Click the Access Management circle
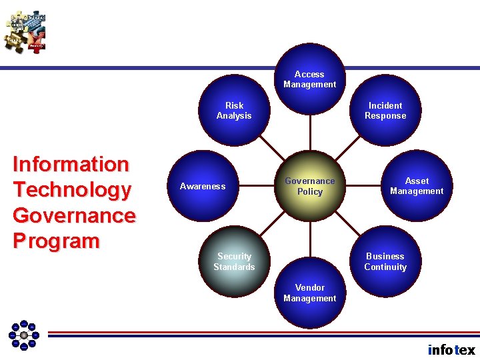pyautogui.click(x=309, y=79)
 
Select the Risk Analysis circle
pyautogui.click(x=234, y=111)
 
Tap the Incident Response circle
pyautogui.click(x=385, y=111)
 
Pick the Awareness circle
pyautogui.click(x=203, y=186)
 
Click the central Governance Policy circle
pyautogui.click(x=309, y=186)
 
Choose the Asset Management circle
pyautogui.click(x=417, y=186)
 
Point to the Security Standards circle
pyautogui.click(x=234, y=261)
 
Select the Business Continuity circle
pyautogui.click(x=385, y=261)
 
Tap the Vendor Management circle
pyautogui.click(x=309, y=293)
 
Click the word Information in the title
pyautogui.click(x=71, y=164)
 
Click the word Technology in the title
pyautogui.click(x=72, y=190)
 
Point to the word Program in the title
pyautogui.click(x=56, y=241)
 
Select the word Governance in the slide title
pyautogui.click(x=74, y=215)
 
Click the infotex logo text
pyautogui.click(x=451, y=349)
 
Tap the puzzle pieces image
pyautogui.click(x=25, y=31)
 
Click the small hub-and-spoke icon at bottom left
pyautogui.click(x=23, y=335)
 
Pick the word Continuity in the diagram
pyautogui.click(x=385, y=267)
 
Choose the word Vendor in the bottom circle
pyautogui.click(x=309, y=288)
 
